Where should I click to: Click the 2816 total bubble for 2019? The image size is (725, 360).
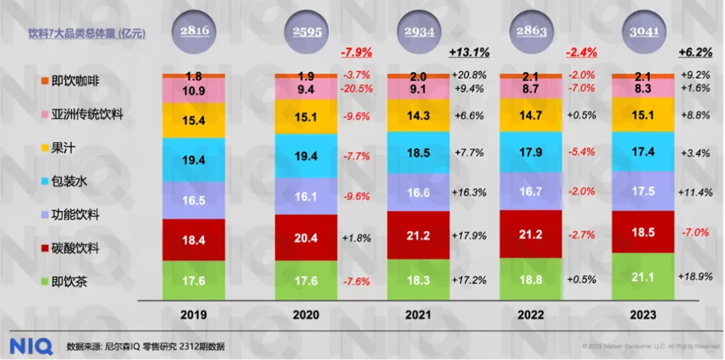click(194, 32)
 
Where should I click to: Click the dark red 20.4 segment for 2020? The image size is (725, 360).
click(306, 237)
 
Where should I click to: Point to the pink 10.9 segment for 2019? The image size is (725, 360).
click(194, 91)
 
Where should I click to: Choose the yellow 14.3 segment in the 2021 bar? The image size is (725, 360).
click(418, 115)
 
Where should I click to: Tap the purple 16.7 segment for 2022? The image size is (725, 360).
click(531, 191)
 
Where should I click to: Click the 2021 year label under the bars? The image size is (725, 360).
click(418, 314)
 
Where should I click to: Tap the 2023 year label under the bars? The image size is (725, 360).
click(643, 314)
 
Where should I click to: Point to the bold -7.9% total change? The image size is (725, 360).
click(357, 52)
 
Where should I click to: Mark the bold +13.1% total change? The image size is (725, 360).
click(469, 52)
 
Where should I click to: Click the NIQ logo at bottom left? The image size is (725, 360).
click(30, 346)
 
